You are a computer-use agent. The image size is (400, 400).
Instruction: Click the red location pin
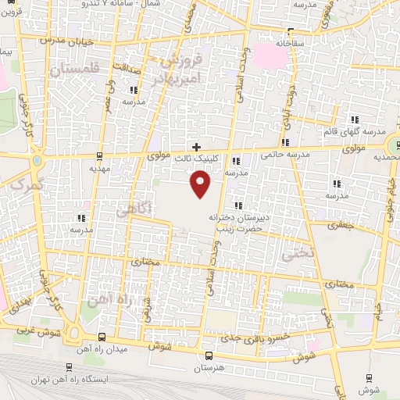(201, 184)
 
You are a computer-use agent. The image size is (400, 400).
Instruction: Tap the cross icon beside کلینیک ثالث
(196, 146)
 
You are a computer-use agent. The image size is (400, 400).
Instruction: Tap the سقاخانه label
(309, 45)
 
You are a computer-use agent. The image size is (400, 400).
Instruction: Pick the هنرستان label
(206, 367)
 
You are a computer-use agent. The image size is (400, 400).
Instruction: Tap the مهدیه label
(98, 167)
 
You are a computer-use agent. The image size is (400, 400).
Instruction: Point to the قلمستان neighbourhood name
(76, 70)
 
